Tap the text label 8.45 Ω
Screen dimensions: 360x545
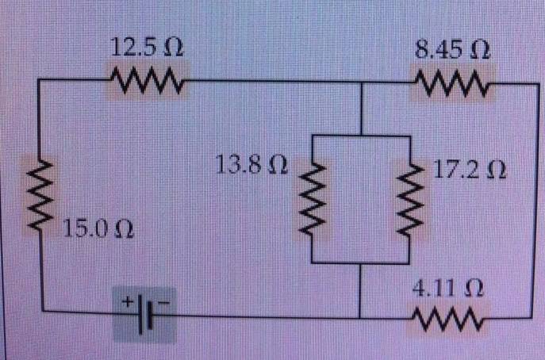click(x=453, y=49)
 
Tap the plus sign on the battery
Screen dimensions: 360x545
click(x=125, y=302)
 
